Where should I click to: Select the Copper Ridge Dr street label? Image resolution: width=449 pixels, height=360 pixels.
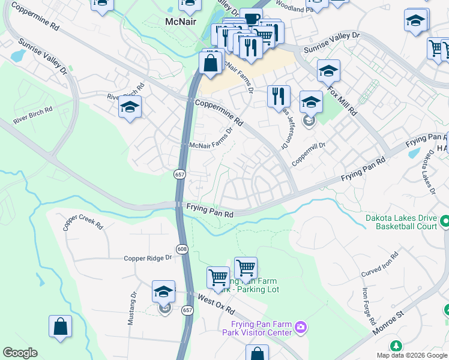point(148,258)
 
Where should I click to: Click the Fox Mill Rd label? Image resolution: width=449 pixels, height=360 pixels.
point(342,94)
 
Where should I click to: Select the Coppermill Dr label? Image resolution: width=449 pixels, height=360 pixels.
point(309,154)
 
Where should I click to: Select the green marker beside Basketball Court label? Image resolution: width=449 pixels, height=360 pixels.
point(445,222)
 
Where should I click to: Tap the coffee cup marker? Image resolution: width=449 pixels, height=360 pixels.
point(251,19)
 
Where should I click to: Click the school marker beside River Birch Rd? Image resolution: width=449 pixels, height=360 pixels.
point(130,107)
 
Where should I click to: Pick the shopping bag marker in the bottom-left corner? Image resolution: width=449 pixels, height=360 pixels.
point(61,326)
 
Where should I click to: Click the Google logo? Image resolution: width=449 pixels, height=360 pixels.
point(20,353)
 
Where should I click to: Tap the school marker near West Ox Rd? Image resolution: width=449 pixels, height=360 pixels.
point(164,292)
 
